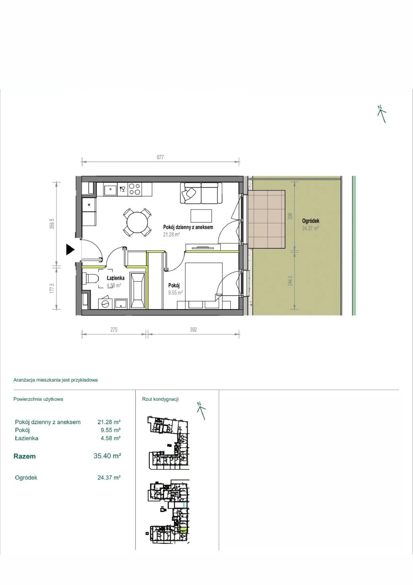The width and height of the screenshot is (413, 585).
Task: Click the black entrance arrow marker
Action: coord(70,249)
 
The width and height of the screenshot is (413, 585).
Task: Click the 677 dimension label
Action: coord(160,157)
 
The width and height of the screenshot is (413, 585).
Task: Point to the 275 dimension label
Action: coord(114,330)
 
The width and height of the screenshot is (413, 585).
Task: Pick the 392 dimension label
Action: coord(193,330)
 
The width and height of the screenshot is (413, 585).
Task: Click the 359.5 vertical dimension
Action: coord(52,224)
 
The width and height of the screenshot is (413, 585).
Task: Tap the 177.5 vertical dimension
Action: coord(52,288)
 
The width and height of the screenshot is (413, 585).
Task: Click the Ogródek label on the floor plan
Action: coord(311,221)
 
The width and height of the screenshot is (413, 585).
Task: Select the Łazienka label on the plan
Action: coord(116,278)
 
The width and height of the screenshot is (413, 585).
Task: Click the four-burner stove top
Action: coord(134,189)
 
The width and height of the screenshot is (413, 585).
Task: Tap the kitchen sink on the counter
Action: coord(110,189)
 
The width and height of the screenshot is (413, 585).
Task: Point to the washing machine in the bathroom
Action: coord(105,303)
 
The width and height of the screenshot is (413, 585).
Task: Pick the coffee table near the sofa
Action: coord(201,216)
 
